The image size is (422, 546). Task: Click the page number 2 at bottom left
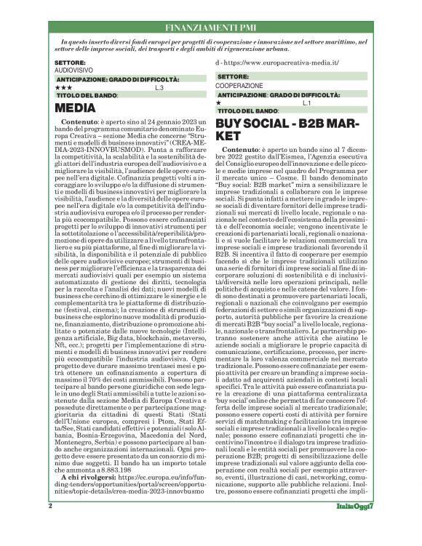(x=50, y=524)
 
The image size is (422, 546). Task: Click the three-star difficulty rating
(x=63, y=87)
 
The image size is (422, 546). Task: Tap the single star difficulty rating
(x=219, y=103)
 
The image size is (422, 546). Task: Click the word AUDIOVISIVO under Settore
(x=72, y=71)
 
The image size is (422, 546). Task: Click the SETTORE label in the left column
(x=70, y=63)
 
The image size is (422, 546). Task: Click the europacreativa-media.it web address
(x=283, y=63)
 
